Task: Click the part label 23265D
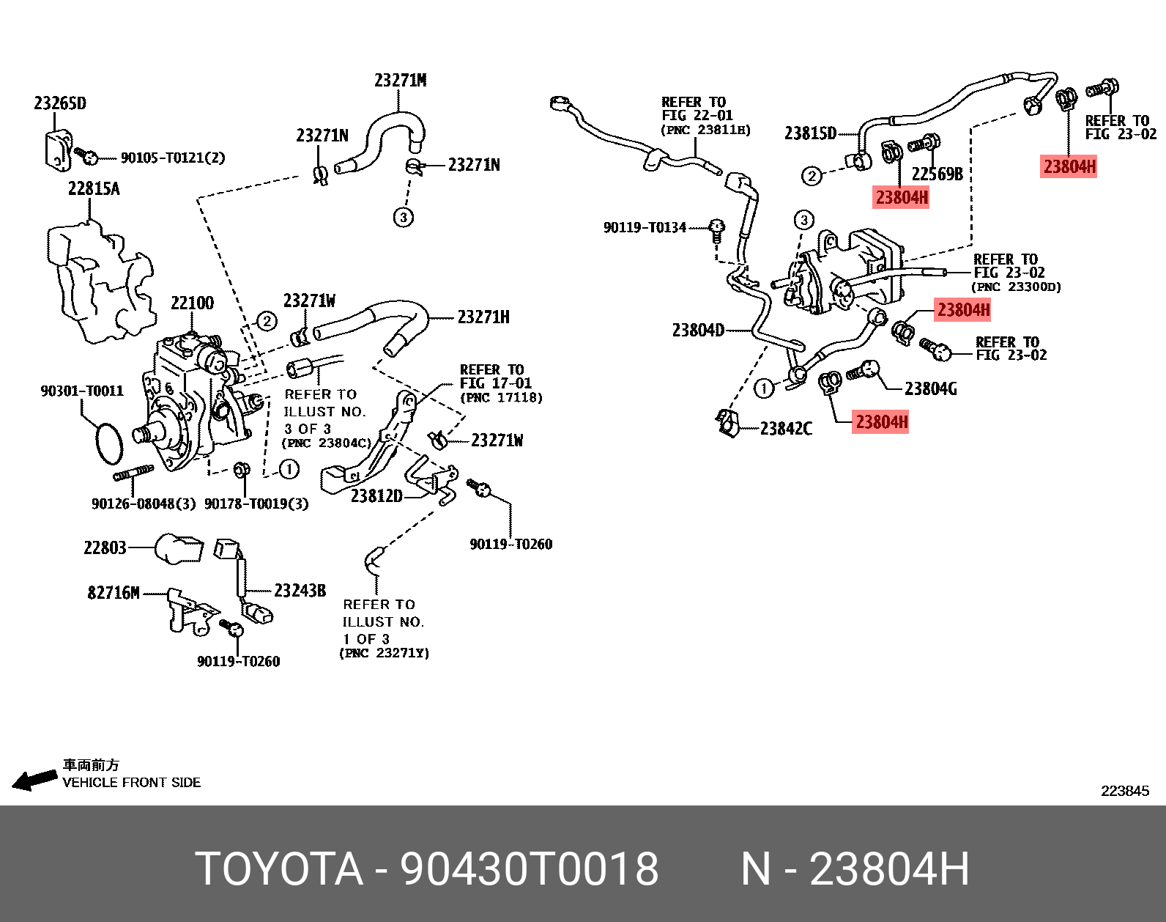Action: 59,103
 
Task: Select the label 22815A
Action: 94,189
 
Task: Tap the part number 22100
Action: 192,303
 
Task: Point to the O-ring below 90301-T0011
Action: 109,443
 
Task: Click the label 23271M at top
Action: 400,81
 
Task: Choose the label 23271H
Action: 483,317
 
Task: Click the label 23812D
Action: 376,496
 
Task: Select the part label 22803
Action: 105,548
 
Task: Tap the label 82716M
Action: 114,593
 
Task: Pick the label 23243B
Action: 300,591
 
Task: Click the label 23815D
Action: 810,133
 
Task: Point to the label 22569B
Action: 937,174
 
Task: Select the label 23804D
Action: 698,331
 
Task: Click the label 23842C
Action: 786,429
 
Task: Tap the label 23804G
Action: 930,389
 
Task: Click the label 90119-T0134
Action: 645,228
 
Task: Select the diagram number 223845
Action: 1125,791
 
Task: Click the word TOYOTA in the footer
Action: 279,869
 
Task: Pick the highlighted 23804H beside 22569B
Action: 902,198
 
